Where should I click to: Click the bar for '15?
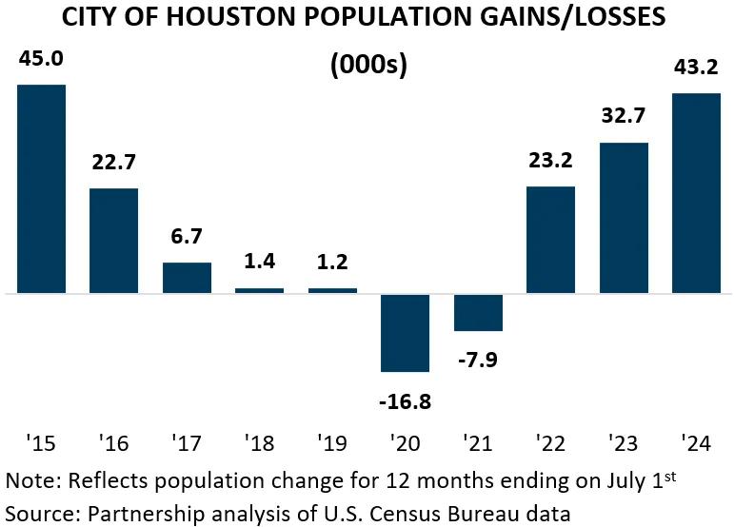pyautogui.click(x=41, y=188)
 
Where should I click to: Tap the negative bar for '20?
pyautogui.click(x=406, y=332)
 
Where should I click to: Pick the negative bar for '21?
pyautogui.click(x=478, y=312)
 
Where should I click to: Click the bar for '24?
pyautogui.click(x=697, y=193)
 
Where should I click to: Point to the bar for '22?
pyautogui.click(x=551, y=240)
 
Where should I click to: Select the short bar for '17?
pyautogui.click(x=187, y=277)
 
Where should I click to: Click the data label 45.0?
pyautogui.click(x=41, y=60)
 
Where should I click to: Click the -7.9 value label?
pyautogui.click(x=478, y=361)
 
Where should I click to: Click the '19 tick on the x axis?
pyautogui.click(x=332, y=442)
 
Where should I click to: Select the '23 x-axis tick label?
pyautogui.click(x=624, y=442)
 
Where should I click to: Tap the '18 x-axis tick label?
pyautogui.click(x=260, y=442)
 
